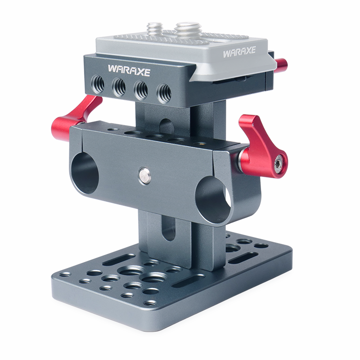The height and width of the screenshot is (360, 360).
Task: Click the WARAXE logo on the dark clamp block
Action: pos(129,71)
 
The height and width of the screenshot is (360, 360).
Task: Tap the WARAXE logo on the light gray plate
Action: pos(239,52)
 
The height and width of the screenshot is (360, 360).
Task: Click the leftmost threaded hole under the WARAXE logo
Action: pos(98,84)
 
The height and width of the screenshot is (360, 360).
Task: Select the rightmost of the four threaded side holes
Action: pos(164,93)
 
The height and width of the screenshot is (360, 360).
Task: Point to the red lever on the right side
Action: pos(262,147)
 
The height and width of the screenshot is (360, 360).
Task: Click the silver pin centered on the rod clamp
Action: pos(144,175)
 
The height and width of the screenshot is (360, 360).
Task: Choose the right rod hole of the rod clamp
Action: pos(213,199)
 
